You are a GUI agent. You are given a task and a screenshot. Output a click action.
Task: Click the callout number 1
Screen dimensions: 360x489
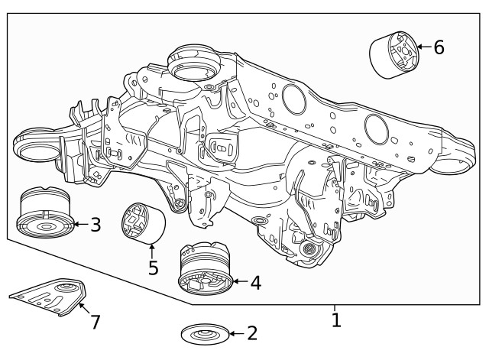pos(335,319)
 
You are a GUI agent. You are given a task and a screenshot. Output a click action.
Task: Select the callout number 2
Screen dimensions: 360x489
pos(251,333)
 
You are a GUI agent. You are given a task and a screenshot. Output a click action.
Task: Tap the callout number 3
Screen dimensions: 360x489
pos(95,225)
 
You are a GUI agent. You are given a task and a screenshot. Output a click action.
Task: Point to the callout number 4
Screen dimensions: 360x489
pos(255,282)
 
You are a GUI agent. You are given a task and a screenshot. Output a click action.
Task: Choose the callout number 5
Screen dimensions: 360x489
pos(153,268)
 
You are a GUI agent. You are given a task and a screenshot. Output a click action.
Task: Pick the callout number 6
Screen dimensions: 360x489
pos(439,47)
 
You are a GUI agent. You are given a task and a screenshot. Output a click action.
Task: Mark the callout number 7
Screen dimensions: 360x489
pos(95,322)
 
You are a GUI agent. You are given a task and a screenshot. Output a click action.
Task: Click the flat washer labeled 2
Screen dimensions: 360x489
pos(205,334)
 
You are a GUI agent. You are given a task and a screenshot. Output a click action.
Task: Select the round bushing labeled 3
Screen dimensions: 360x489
pos(44,213)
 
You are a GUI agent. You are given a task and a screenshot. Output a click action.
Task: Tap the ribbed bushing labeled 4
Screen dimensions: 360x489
pos(204,269)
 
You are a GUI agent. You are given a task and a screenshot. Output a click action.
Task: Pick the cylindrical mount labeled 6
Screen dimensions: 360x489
pos(395,54)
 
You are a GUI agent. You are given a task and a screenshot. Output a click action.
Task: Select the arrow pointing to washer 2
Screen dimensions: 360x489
pos(235,334)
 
